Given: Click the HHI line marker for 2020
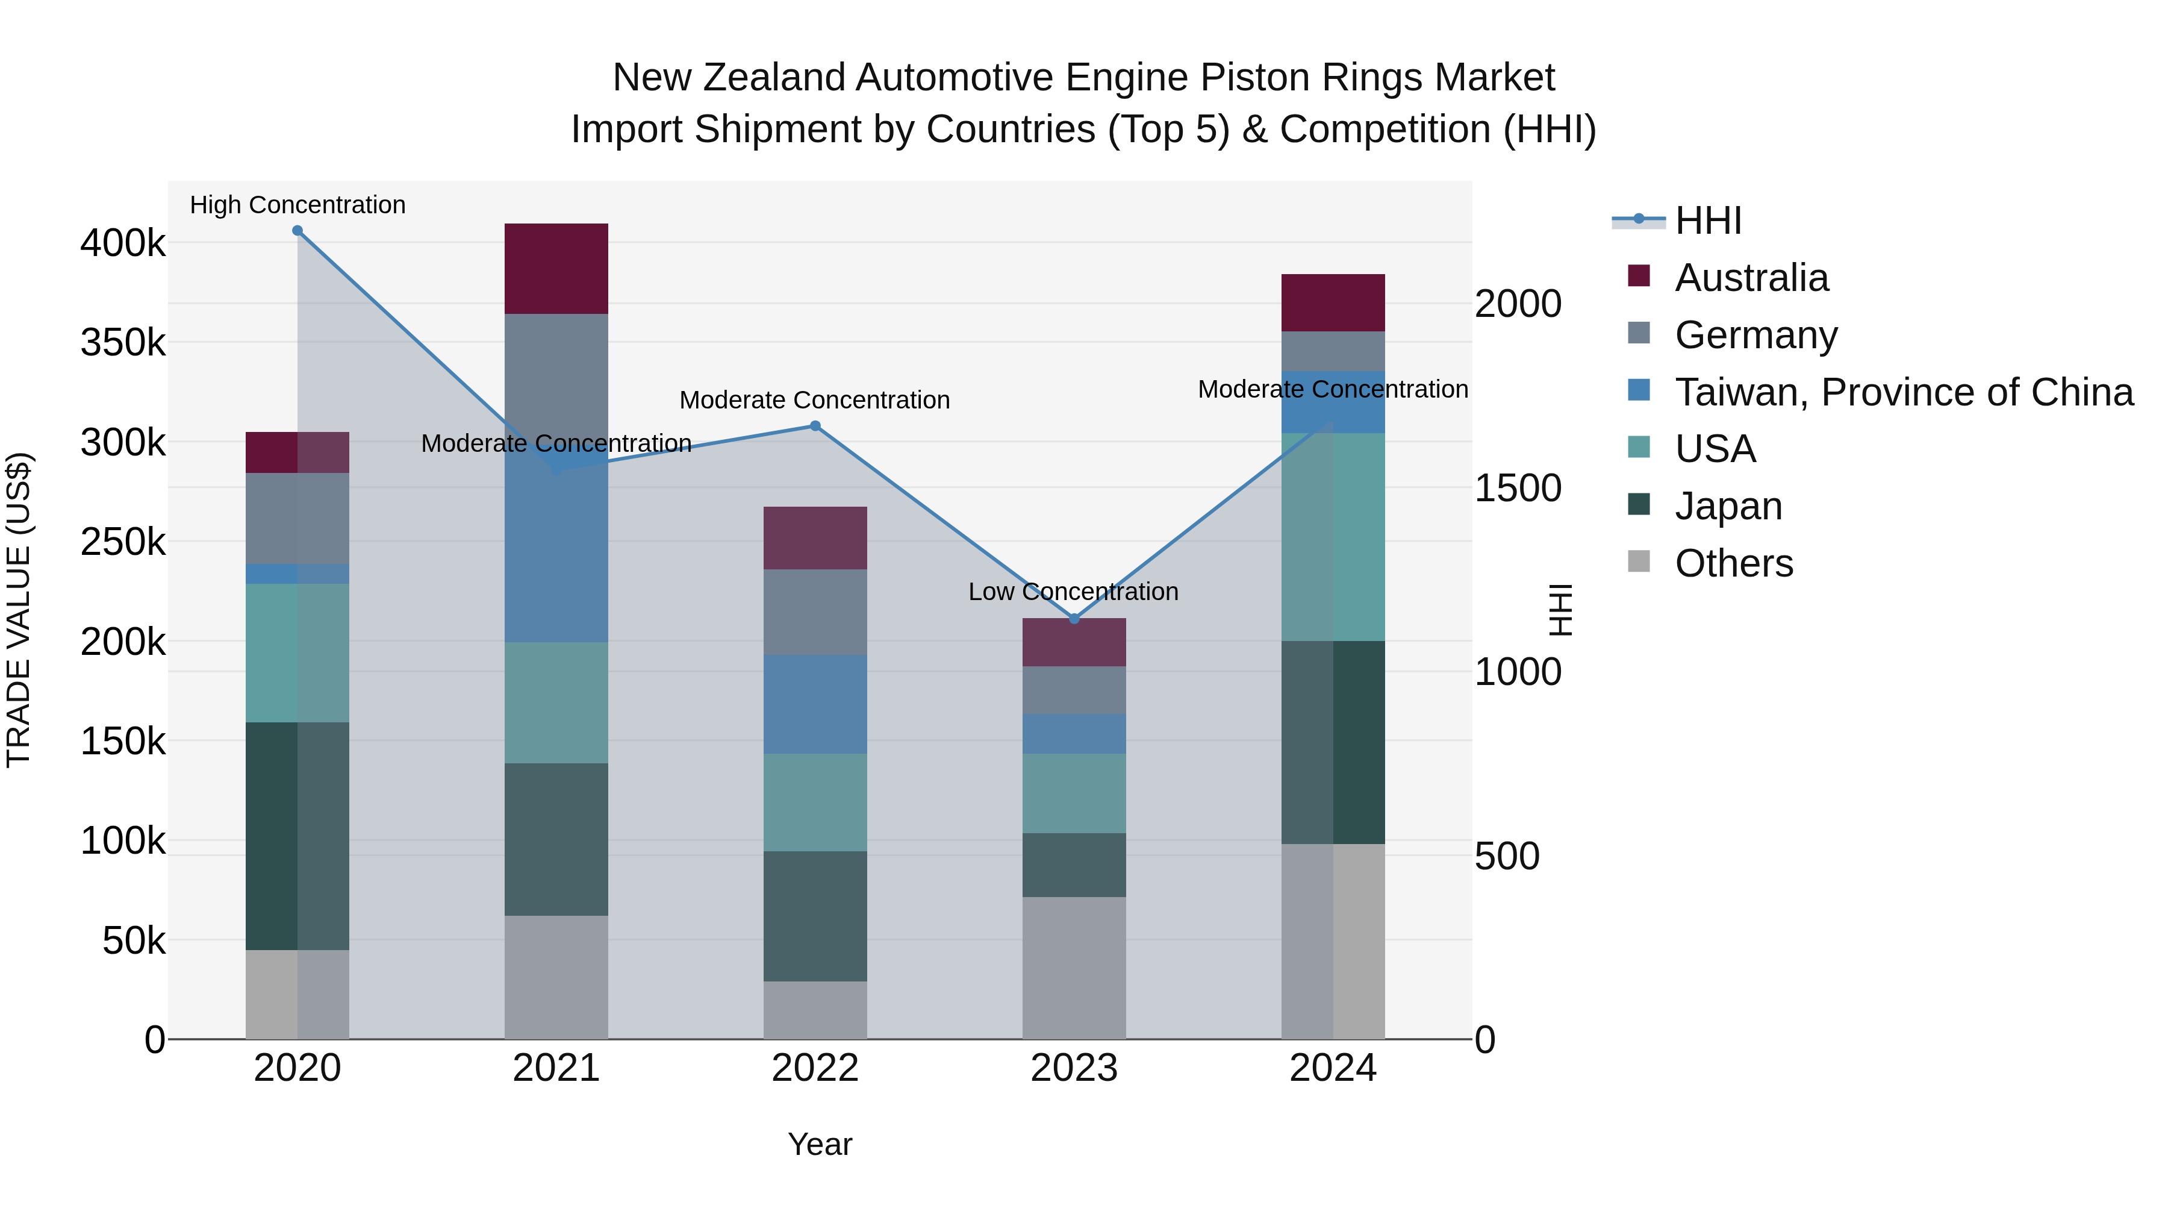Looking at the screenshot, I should click(x=297, y=231).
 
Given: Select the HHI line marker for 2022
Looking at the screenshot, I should click(x=815, y=426).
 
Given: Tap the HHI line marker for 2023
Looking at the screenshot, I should click(x=1074, y=619).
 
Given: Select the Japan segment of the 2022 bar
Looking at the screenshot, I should click(x=815, y=916).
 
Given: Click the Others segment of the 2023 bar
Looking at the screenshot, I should click(x=1074, y=968).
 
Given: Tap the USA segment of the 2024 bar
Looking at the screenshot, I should click(x=1333, y=537).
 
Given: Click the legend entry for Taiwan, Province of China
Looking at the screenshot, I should click(x=1904, y=392).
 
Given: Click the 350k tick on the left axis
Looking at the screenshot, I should click(x=123, y=343).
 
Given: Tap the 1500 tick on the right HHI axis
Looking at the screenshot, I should click(x=1518, y=489).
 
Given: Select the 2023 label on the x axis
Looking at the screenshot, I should click(x=1074, y=1068).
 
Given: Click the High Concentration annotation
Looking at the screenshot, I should click(x=297, y=205).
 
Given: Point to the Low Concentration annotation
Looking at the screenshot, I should click(x=1073, y=592).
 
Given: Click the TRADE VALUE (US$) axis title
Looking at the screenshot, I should click(x=19, y=610).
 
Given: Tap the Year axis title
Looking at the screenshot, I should click(x=820, y=1144).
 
